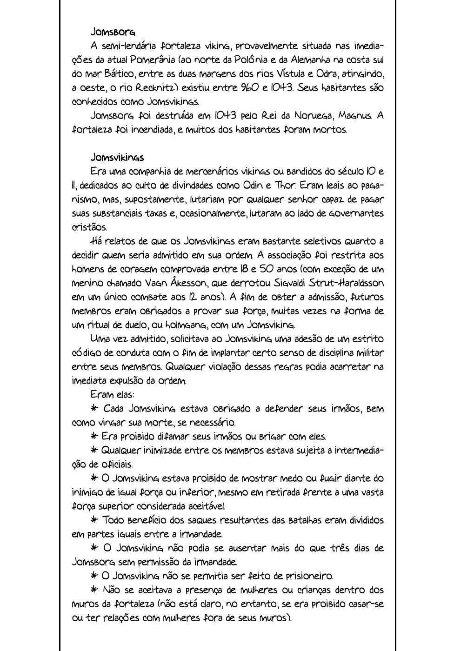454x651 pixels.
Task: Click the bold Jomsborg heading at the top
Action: point(113,32)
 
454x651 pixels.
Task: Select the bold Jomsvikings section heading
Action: point(117,158)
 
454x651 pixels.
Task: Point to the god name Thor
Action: point(285,186)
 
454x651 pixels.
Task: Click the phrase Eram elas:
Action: point(112,395)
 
